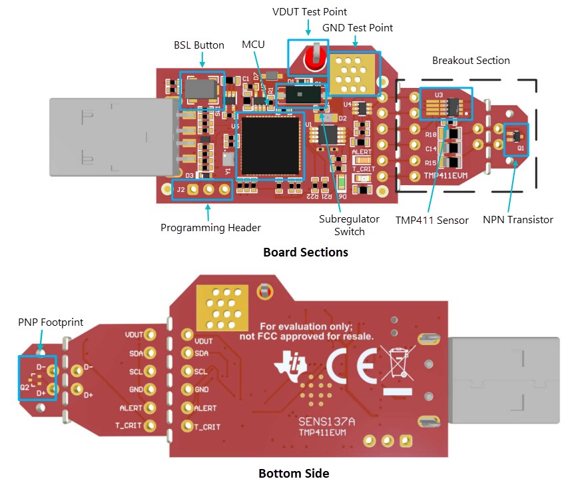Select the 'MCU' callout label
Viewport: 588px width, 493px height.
(253, 45)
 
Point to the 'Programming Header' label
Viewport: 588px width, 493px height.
(210, 228)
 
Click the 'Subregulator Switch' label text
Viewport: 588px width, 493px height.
(349, 225)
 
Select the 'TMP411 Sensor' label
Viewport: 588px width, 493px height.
(432, 220)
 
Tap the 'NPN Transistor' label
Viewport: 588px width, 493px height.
(517, 220)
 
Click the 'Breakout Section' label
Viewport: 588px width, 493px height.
(470, 61)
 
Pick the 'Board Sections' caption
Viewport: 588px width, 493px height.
(305, 252)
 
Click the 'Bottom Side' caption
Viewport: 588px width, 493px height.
(294, 474)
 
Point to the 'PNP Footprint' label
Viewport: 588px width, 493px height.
(51, 322)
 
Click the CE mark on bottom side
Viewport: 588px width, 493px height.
(351, 364)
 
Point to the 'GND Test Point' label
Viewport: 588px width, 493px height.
(357, 28)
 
